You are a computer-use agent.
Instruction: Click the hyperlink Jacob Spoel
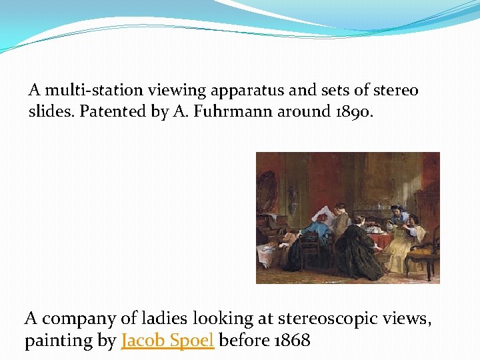tap(167, 340)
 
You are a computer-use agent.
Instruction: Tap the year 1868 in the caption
tap(291, 340)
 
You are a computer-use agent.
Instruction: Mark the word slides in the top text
tap(51, 111)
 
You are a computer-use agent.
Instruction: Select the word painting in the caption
tap(59, 340)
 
